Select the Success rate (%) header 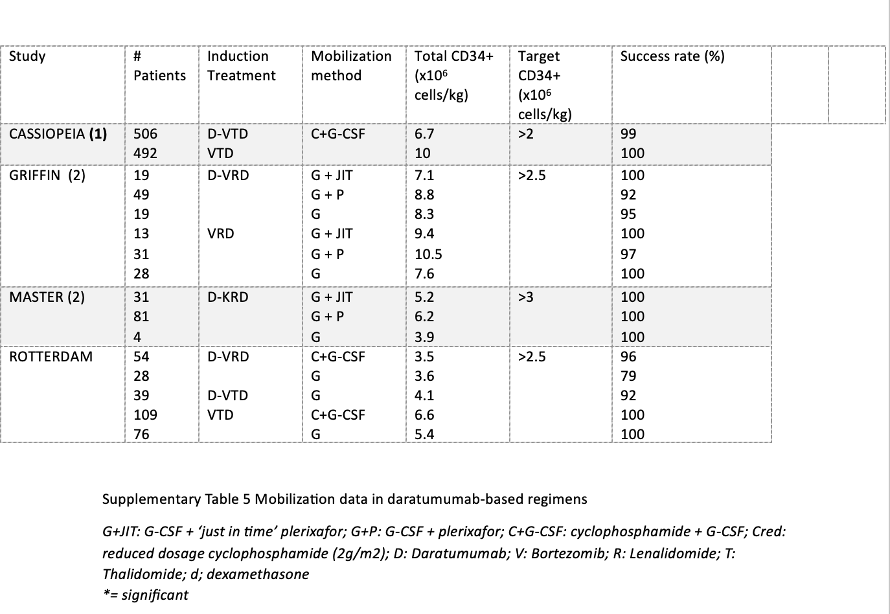click(672, 56)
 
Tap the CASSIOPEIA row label click(58, 134)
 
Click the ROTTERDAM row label click(51, 357)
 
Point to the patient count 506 click(145, 134)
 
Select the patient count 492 click(145, 153)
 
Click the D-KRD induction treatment click(227, 297)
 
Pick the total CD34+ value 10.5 click(428, 254)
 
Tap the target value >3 click(526, 297)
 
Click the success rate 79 click(628, 376)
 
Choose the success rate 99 click(628, 134)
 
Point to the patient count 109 click(145, 415)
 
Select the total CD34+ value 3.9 click(424, 337)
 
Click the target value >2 click(526, 134)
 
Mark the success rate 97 click(628, 254)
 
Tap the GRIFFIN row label click(47, 175)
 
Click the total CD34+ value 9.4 click(424, 234)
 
